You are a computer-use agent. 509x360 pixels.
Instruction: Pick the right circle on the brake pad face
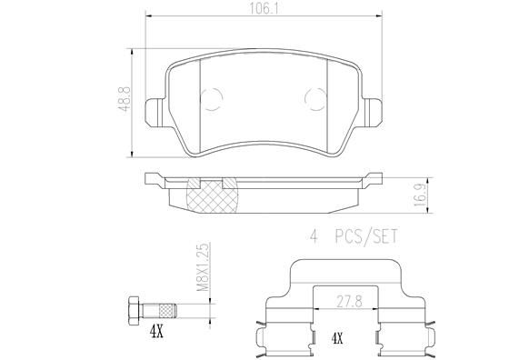(x=319, y=99)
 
